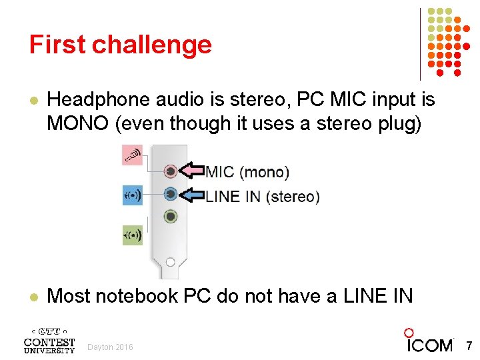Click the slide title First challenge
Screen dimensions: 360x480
120,45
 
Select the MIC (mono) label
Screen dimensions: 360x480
247,172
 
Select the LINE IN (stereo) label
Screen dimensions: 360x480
263,197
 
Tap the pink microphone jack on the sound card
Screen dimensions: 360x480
171,171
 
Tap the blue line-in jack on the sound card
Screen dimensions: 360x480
171,194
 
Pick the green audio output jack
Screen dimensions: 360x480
171,217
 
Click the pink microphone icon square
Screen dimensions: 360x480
132,155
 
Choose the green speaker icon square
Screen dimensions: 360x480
132,235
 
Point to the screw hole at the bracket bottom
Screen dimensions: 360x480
170,262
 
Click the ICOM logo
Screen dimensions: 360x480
429,341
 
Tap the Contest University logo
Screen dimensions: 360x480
49,340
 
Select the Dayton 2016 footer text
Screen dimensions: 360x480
110,347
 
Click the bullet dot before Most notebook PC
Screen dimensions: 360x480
34,296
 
